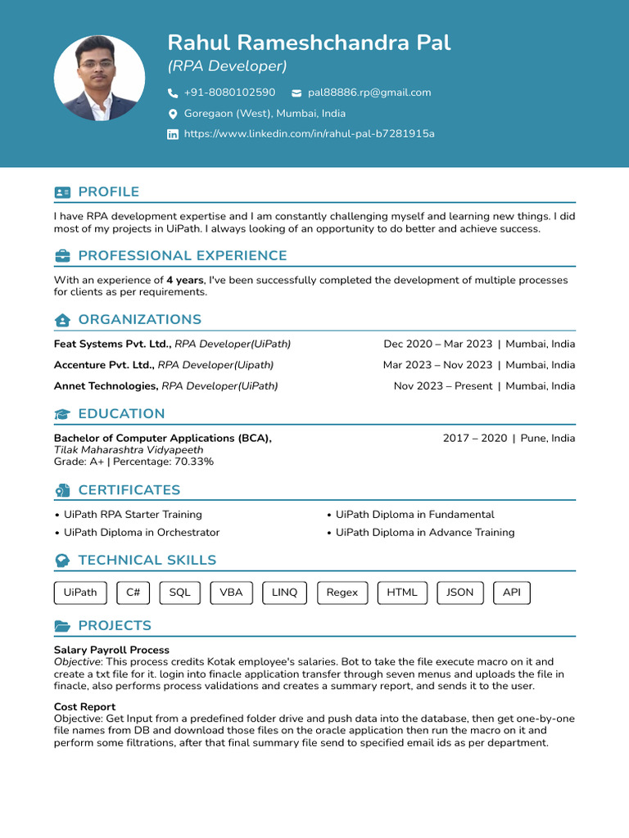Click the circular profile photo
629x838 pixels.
coord(99,79)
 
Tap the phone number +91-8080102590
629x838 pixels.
coord(229,92)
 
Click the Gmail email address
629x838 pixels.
coord(369,92)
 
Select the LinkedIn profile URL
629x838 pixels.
coord(309,133)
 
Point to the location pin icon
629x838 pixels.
coord(173,114)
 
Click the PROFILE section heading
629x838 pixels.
coord(108,191)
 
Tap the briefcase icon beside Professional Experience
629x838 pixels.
coord(62,256)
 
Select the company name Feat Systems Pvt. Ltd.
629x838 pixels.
coord(112,344)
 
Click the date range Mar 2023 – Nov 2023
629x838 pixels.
coord(437,365)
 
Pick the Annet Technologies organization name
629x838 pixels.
coord(106,385)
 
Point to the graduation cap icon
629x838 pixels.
coord(62,414)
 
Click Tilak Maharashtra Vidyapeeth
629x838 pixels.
coord(129,449)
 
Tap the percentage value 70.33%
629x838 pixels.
coord(194,462)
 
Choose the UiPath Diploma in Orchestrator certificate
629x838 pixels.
coord(142,532)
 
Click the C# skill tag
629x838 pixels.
coord(133,592)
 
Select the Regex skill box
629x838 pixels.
coord(342,592)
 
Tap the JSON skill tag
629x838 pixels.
coord(459,592)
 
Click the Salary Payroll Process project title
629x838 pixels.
coord(111,650)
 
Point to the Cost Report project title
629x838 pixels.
coord(84,706)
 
